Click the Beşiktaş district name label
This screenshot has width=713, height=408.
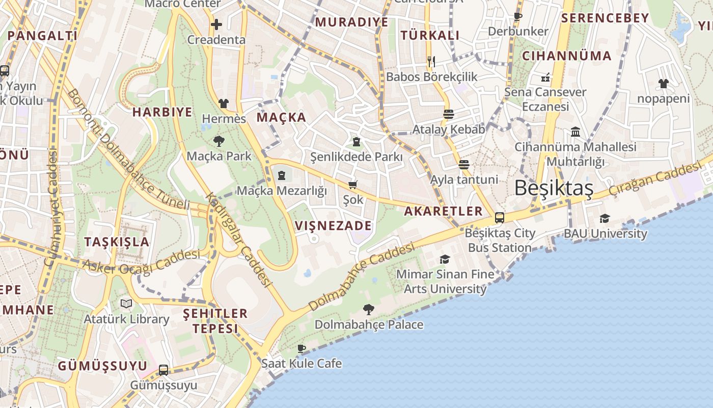pos(554,188)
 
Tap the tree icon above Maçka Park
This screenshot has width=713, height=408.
pos(219,141)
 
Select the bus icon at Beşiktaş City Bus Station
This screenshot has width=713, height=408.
pos(500,218)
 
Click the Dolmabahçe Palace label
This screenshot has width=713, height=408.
pos(369,324)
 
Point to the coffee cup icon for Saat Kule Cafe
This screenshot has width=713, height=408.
pos(301,348)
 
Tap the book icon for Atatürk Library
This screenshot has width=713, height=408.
pos(126,304)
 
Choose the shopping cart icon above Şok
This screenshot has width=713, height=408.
pos(353,185)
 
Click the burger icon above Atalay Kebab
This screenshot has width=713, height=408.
pos(449,114)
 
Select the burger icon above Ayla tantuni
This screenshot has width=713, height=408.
pos(463,165)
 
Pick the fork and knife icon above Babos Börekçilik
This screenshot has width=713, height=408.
pos(431,62)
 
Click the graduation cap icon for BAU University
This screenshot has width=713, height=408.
pos(605,218)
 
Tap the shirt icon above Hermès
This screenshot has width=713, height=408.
pos(224,104)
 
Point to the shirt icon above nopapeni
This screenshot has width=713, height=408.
pos(663,84)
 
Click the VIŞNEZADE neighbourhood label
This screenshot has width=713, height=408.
pos(334,225)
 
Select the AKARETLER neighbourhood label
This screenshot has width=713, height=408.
pos(443,211)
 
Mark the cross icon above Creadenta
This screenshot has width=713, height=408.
pos(216,24)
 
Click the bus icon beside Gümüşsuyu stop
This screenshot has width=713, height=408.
pos(163,370)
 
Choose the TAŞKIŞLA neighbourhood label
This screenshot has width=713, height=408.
pos(117,242)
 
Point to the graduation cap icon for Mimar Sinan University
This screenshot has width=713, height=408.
pos(445,259)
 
